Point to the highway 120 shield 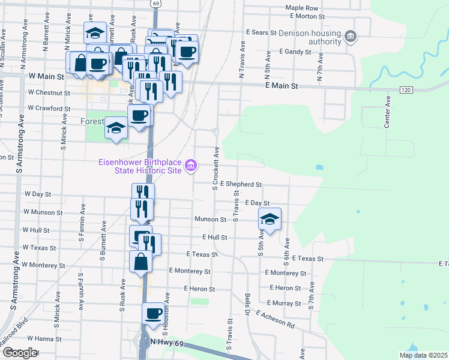coord(406,89)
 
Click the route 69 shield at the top coord(155,4)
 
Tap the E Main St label coord(282,86)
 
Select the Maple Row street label coord(301,8)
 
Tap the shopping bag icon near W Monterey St coord(140,262)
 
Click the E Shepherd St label coord(241,184)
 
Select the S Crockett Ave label coord(214,167)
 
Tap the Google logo coord(20,353)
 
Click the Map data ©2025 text coord(423,355)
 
